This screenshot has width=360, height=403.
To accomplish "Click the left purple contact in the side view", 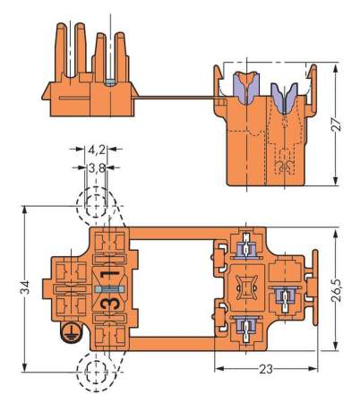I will tap(243, 86).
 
